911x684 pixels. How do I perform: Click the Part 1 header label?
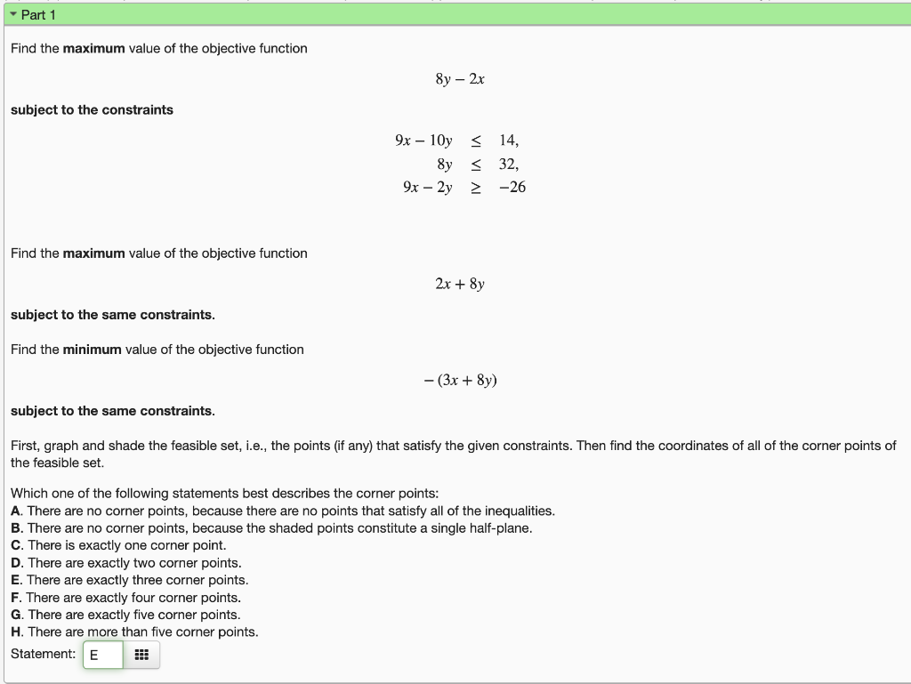[x=38, y=15]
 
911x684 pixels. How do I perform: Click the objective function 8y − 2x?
[x=460, y=79]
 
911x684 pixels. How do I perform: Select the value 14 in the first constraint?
[x=508, y=141]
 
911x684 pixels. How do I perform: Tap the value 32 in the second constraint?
[x=508, y=165]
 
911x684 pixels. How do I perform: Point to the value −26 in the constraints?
[x=512, y=188]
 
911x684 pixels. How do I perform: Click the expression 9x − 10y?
[x=423, y=141]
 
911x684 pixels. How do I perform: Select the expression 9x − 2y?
[x=427, y=188]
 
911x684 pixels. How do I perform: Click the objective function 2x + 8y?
[x=460, y=285]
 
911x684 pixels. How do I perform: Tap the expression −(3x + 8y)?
[x=460, y=381]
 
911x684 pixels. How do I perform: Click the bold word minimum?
[x=92, y=350]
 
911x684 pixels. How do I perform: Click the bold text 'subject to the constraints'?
[x=92, y=110]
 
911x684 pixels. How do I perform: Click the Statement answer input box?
[x=102, y=656]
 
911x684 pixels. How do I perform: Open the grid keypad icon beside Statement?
[x=141, y=656]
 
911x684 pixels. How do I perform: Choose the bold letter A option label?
[x=16, y=511]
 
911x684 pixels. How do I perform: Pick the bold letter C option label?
[x=16, y=545]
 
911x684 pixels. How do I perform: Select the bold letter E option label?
[x=16, y=580]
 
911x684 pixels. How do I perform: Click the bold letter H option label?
[x=16, y=632]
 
